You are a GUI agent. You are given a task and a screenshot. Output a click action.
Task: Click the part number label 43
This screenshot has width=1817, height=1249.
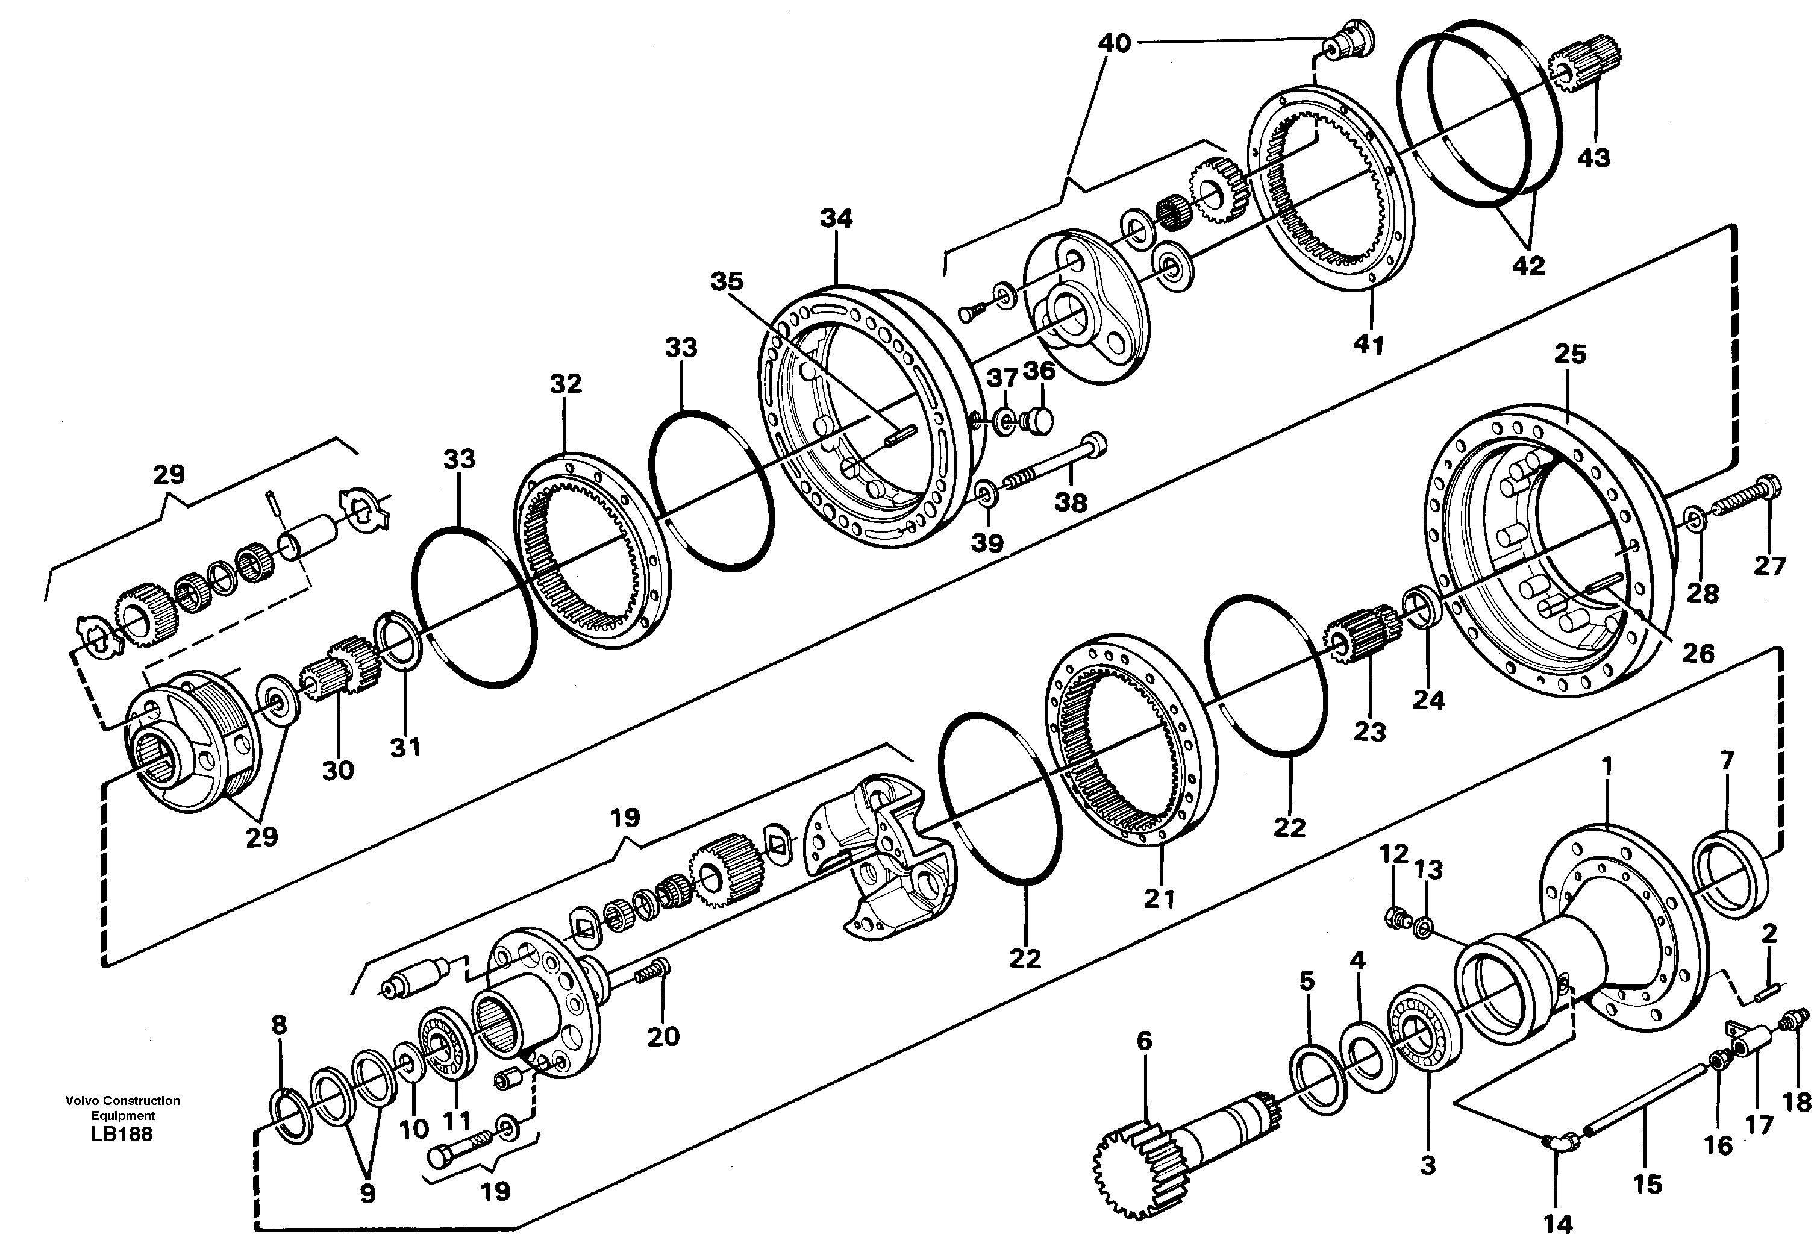point(1593,158)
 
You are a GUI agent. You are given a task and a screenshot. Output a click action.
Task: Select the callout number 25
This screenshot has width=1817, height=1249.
point(1570,354)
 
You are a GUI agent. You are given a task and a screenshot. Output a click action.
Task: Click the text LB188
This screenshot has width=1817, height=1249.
point(122,1134)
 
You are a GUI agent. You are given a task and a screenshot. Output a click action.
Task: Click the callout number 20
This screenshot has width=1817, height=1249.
point(663,1036)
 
